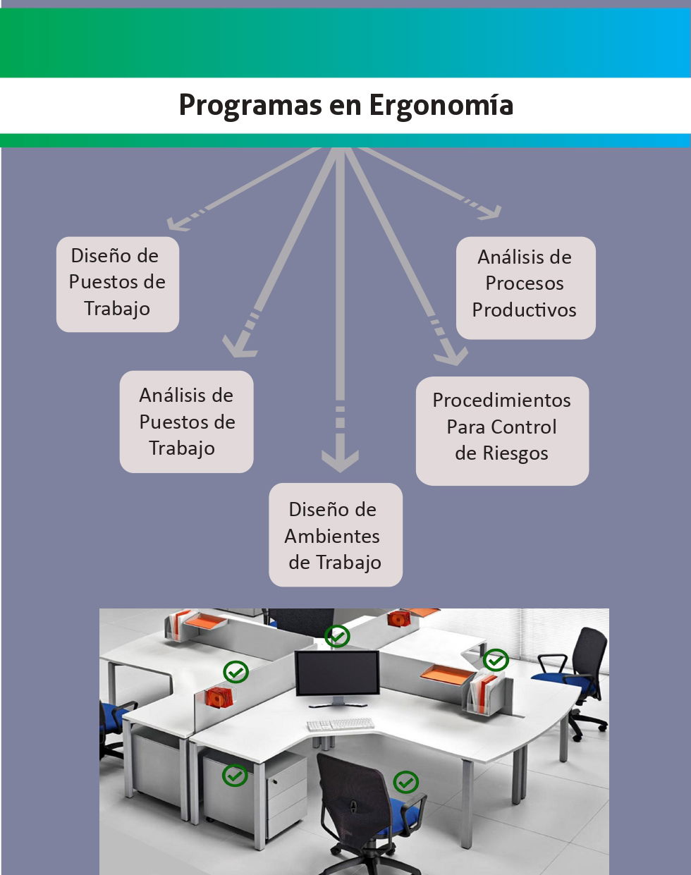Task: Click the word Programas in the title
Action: tap(250, 106)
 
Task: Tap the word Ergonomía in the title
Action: tap(441, 106)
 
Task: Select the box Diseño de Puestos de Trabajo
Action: tap(117, 283)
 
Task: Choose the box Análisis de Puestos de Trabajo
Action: tap(186, 422)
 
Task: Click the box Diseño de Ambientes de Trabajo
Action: tap(335, 535)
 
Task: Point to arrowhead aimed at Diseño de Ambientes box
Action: tap(340, 461)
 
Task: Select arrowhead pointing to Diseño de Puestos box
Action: tap(175, 224)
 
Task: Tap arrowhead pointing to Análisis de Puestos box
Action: tap(238, 346)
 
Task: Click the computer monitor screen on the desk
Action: tap(337, 673)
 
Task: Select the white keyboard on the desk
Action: tap(341, 724)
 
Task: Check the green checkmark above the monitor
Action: tap(337, 636)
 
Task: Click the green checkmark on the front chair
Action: tap(405, 781)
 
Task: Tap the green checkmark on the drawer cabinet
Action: tap(235, 775)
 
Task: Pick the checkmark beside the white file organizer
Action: tap(496, 660)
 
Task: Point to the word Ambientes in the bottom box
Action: tap(332, 537)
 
